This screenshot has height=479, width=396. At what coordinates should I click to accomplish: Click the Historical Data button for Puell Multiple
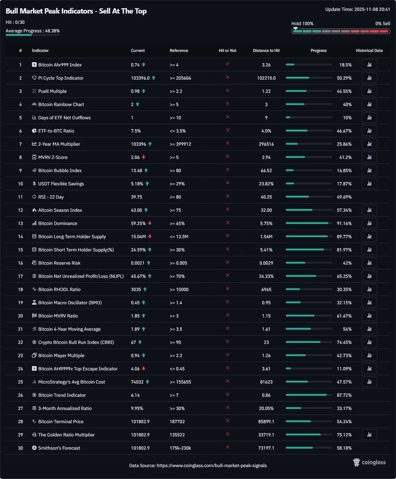pos(369,91)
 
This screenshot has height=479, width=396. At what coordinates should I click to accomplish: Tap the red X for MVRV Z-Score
pos(228,157)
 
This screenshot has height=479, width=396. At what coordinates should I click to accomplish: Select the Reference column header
pos(179,51)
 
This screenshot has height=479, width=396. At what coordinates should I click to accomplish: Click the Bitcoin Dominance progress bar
pos(309,223)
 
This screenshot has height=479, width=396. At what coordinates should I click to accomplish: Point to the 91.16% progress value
pos(344,224)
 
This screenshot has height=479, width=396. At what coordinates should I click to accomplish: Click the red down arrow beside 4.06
pos(143,368)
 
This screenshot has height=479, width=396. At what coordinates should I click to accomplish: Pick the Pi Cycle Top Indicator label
pos(61,78)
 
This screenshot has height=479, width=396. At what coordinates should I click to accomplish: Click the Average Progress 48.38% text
pos(33,31)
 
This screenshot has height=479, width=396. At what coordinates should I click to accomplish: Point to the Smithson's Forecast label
pos(59,448)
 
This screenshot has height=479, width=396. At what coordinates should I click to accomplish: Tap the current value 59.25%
pos(138,224)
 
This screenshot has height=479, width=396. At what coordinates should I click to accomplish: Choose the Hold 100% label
pos(302,24)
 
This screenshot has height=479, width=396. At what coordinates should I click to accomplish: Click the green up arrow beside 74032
pos(148,382)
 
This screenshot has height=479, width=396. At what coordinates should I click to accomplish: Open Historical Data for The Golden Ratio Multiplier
pos(369,435)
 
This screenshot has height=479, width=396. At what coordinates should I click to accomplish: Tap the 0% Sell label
pos(382,24)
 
